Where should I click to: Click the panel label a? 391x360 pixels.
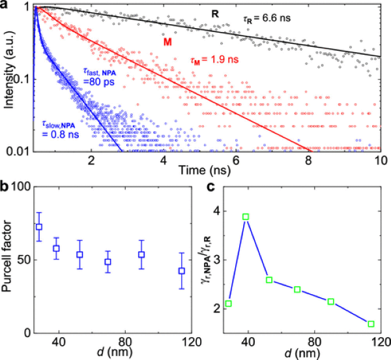(5, 6)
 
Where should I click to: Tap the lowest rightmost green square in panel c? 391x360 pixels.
(371, 323)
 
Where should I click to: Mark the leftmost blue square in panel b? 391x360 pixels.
(39, 227)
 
